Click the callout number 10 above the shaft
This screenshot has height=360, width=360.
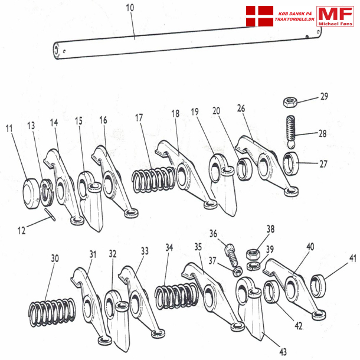(130, 8)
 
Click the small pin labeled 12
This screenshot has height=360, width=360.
(51, 217)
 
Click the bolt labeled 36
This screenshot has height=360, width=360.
(231, 253)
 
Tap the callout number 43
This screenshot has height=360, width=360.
(283, 352)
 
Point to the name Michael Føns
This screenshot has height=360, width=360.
(335, 22)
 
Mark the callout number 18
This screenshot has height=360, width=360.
(175, 113)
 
